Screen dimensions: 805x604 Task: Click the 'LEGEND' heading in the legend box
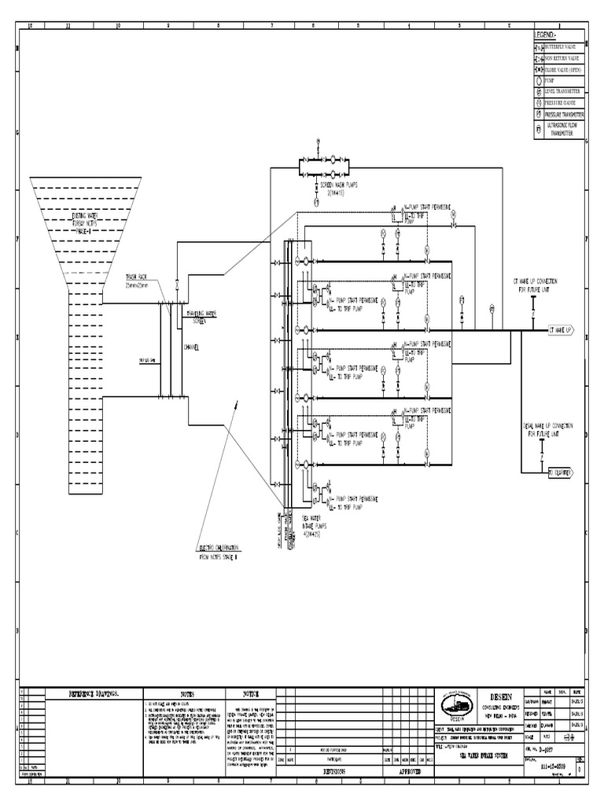[x=545, y=36]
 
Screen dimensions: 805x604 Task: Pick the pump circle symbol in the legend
[x=539, y=80]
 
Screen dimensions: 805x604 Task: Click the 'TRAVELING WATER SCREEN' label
[x=202, y=318]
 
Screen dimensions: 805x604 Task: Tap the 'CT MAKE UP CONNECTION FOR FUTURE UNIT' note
[x=537, y=285]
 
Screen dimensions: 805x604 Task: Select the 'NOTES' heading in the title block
[x=186, y=694]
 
